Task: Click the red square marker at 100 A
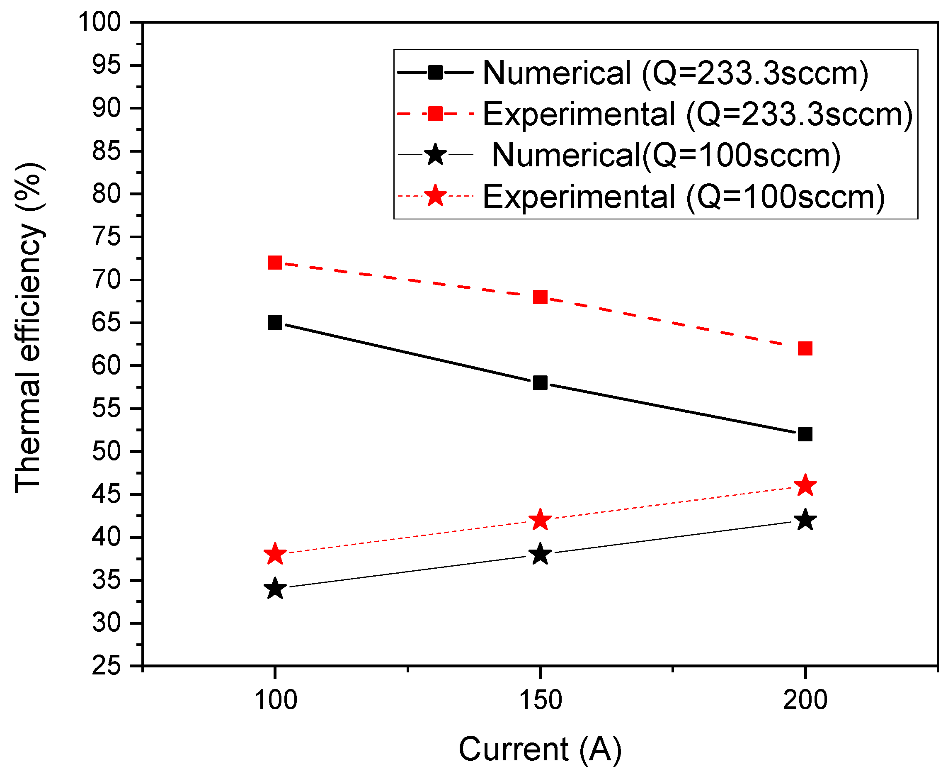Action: tap(275, 263)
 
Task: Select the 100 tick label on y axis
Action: tap(100, 22)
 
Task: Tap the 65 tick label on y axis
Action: tap(107, 323)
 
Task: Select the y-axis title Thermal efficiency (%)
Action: tap(29, 328)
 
